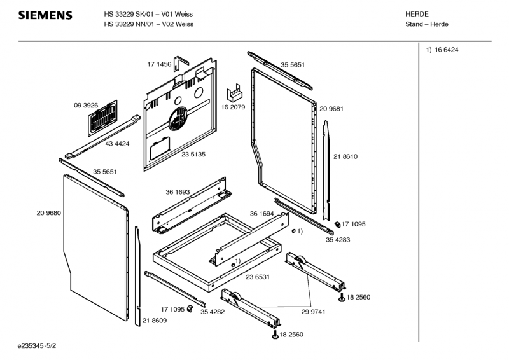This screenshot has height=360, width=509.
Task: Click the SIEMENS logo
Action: [x=45, y=15]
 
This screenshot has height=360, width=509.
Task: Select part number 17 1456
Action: [x=159, y=64]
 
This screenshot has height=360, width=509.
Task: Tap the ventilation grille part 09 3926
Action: [x=102, y=118]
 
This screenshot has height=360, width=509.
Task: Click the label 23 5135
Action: [x=193, y=155]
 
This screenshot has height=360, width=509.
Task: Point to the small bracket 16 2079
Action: [x=234, y=92]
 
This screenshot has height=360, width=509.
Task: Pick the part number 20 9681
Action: [x=331, y=109]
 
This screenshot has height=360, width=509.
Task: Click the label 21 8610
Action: [x=345, y=157]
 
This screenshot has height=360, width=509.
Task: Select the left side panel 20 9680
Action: [x=96, y=247]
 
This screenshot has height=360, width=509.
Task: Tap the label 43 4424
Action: [x=117, y=144]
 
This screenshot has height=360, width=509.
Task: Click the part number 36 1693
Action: [x=178, y=192]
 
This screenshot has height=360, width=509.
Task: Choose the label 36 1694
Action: [x=261, y=214]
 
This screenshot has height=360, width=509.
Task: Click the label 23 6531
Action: [x=258, y=277]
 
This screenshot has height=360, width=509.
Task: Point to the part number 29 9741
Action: [x=313, y=312]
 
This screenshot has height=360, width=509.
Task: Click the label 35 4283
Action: [x=338, y=240]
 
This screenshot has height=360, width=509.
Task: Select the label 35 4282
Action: [x=213, y=312]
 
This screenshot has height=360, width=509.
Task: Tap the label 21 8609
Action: [x=155, y=321]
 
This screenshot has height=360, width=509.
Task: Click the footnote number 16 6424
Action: [x=447, y=50]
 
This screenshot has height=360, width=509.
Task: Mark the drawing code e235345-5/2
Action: [x=37, y=346]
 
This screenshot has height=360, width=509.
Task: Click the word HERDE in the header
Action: [x=417, y=14]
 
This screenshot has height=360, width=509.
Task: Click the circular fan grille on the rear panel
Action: [x=178, y=118]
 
